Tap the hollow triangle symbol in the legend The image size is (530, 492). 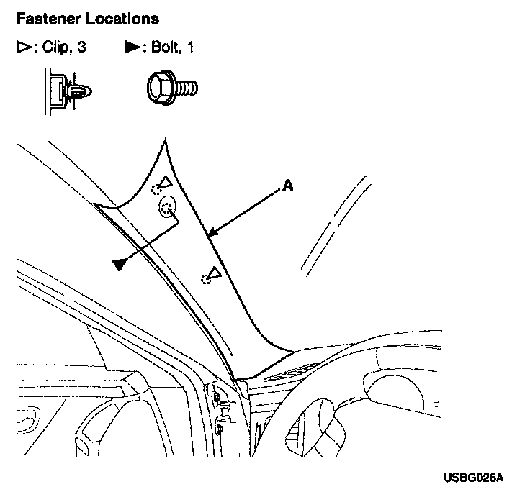(22, 48)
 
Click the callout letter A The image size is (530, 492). (287, 186)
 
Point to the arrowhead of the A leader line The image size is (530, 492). (210, 233)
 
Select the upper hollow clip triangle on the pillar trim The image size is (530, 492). (164, 183)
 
